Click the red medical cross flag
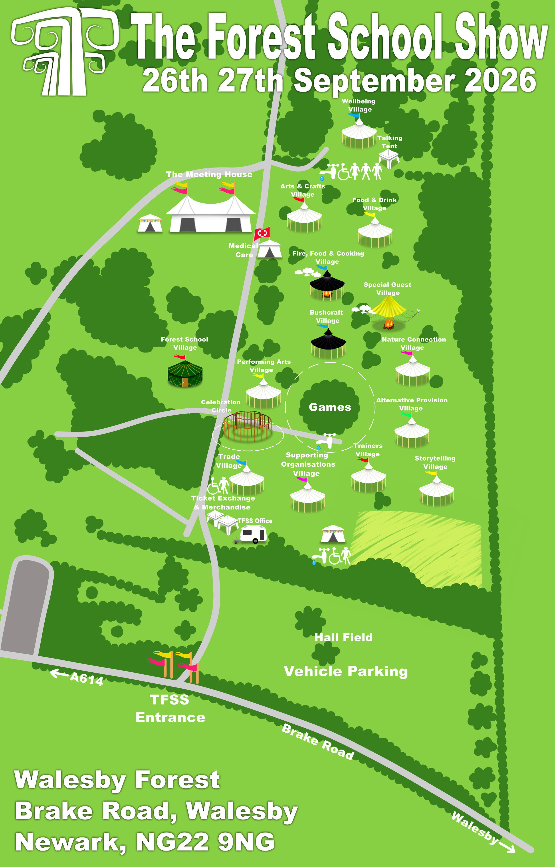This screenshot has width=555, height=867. click(262, 233)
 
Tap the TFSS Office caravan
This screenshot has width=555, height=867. click(253, 534)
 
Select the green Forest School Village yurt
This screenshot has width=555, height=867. click(185, 374)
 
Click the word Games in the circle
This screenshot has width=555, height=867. click(330, 407)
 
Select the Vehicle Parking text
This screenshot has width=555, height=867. click(346, 671)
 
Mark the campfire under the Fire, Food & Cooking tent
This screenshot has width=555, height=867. click(327, 294)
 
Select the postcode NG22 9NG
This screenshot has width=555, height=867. click(205, 842)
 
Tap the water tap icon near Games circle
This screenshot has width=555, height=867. click(327, 441)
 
